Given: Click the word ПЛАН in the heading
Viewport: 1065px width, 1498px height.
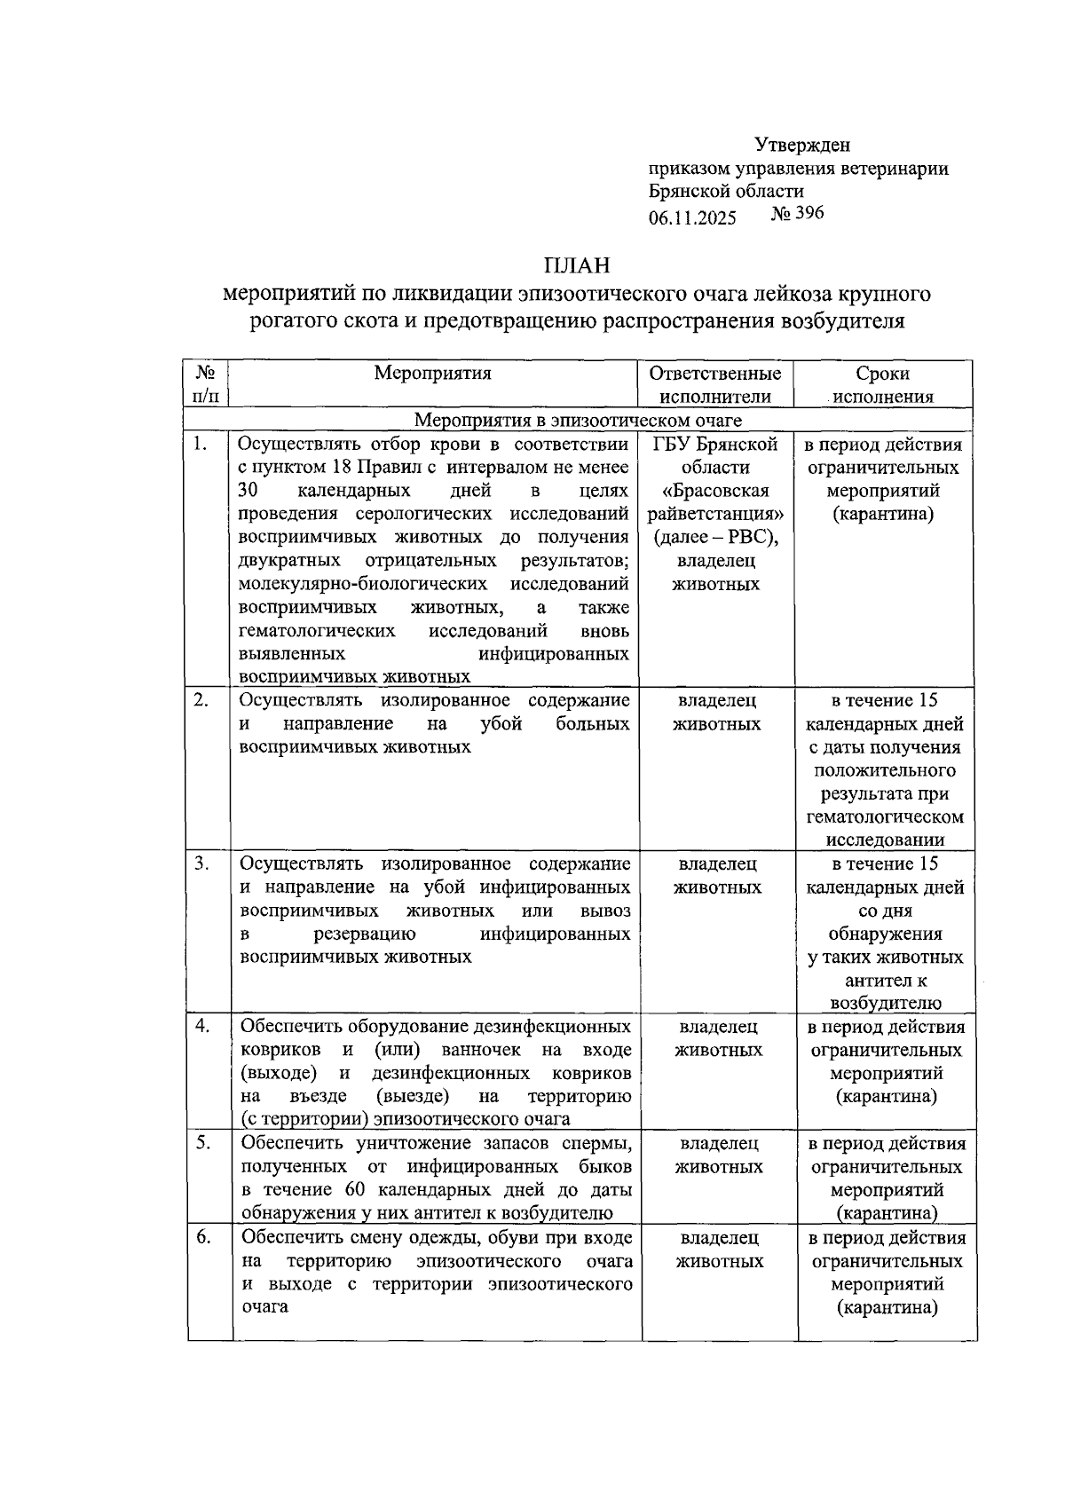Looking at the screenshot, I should [577, 264].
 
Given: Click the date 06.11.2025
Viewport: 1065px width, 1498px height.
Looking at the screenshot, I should [692, 217].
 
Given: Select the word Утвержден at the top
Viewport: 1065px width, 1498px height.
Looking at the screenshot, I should [802, 145].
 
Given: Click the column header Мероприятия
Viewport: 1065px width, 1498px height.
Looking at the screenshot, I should [432, 373].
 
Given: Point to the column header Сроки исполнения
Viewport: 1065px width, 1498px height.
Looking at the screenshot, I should [882, 385].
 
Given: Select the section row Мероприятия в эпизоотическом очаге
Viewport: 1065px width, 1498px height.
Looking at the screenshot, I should [579, 420].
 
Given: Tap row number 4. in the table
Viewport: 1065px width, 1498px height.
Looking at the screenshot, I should [202, 1026].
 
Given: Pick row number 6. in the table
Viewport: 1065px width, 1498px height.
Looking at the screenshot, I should [203, 1237].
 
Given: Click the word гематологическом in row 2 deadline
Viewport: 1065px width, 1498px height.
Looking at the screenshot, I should [885, 816].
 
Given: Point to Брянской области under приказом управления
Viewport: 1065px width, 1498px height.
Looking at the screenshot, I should [726, 191].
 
